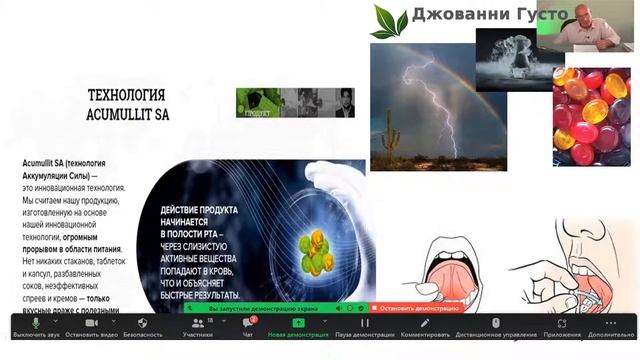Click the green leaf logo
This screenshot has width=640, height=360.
389,20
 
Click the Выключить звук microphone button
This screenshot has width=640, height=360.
36,327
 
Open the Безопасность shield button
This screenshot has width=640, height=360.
142,327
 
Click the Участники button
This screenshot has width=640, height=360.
198,327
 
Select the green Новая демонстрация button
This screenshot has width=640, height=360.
298,327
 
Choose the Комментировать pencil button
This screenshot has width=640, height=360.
424,327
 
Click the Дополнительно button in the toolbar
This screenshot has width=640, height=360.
610,327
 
